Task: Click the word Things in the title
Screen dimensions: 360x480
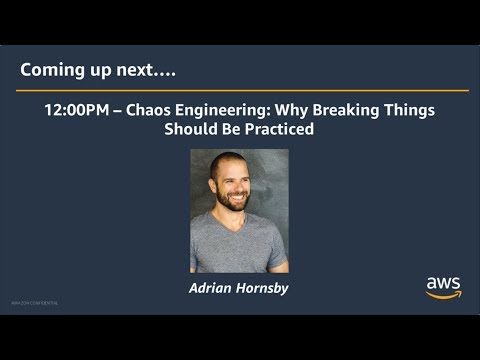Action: [409, 110]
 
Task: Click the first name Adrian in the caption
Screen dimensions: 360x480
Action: [211, 288]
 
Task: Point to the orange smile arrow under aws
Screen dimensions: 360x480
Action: [443, 295]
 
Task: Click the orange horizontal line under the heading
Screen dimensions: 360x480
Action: [239, 91]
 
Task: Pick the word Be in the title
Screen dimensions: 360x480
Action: [230, 130]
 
